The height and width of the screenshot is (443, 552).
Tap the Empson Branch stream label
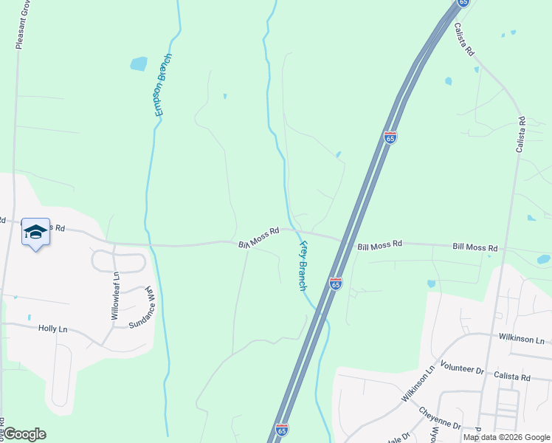[x=162, y=85]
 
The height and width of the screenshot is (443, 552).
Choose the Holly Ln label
[x=52, y=328]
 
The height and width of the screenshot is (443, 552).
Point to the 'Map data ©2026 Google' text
[x=506, y=437]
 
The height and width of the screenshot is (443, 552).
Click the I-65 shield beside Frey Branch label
[x=336, y=284]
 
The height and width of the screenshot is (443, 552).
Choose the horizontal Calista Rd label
[x=512, y=377]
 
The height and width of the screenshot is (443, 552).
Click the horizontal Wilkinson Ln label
[x=522, y=341]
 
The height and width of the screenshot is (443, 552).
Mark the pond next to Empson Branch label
[x=139, y=63]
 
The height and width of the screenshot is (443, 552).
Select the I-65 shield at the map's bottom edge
[x=281, y=428]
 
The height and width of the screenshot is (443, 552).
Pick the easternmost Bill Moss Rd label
[x=475, y=247]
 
